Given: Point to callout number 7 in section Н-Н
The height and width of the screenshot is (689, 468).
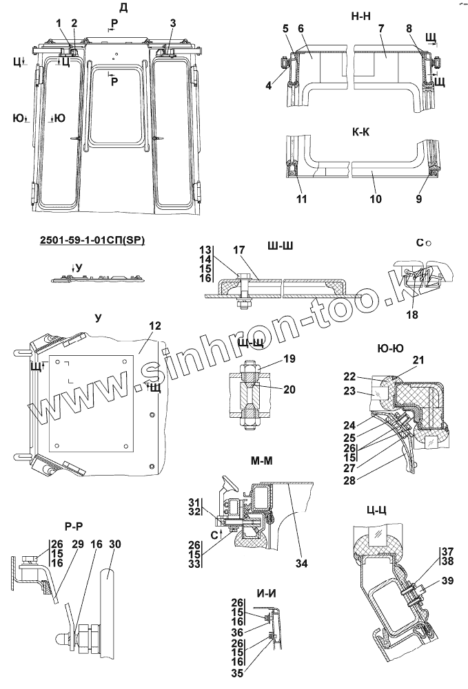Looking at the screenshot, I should coord(380,28).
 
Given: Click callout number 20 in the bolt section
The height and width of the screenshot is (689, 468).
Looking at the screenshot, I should coord(289,389).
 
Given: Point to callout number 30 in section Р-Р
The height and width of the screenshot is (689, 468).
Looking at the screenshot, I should coord(115,544).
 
